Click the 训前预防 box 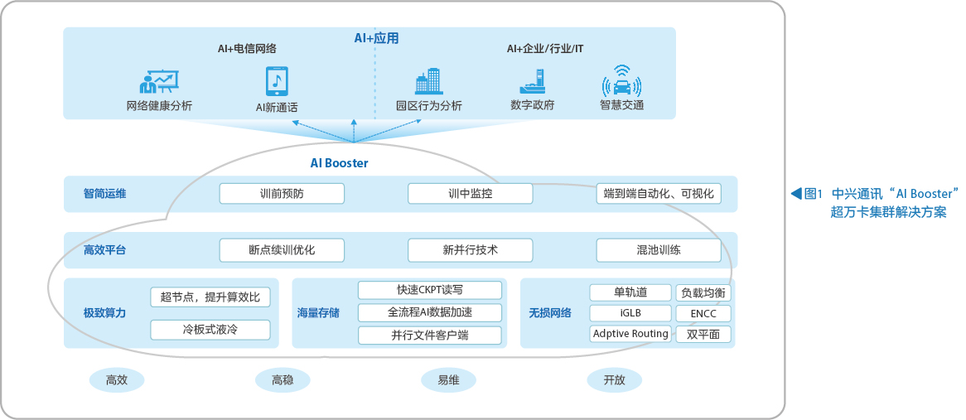point(282,193)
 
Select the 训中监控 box point(470,193)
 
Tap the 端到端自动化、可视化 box point(659,193)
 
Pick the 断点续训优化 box point(282,250)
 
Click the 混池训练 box point(659,250)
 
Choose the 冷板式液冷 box point(210,330)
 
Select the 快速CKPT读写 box point(430,290)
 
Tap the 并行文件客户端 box point(430,335)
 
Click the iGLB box point(630,313)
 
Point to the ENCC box point(703,313)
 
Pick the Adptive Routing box point(630,334)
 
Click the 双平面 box point(703,335)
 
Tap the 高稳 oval point(283,380)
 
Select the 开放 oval point(614,380)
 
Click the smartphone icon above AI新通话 point(277,81)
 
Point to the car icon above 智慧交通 point(621,81)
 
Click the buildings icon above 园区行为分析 point(429,81)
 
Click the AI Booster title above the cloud point(339,163)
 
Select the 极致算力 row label point(104,313)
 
